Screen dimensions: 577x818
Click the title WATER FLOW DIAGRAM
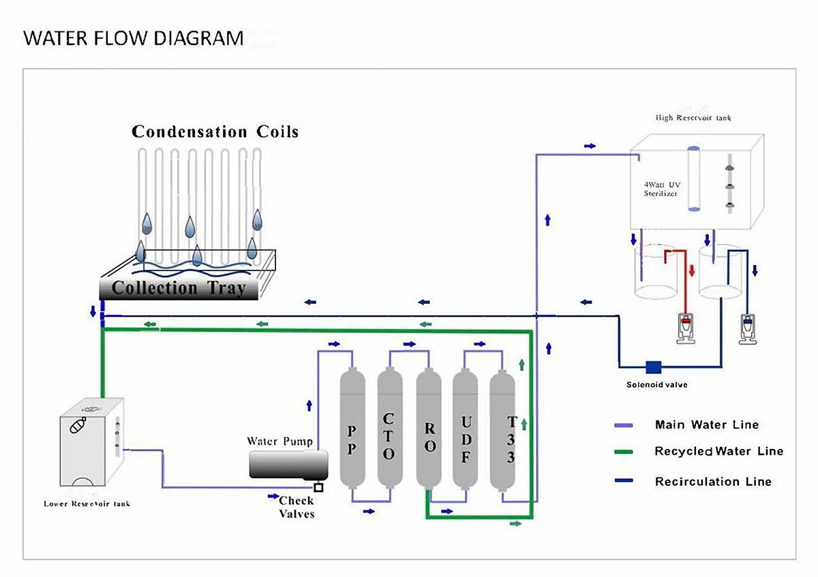[x=134, y=38]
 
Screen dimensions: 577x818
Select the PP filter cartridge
[x=351, y=429]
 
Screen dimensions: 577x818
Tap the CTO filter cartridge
[x=389, y=429]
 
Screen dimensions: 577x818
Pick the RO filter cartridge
[x=429, y=429]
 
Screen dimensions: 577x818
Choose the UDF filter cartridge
[x=466, y=429]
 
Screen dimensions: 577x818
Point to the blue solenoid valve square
[x=653, y=367]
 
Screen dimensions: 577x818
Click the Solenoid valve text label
[x=656, y=385]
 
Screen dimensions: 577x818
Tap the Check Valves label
[x=297, y=508]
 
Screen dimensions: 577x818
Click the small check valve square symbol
[x=318, y=487]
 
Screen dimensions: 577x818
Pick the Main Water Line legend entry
[x=706, y=424]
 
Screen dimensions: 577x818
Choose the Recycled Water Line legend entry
[x=718, y=451]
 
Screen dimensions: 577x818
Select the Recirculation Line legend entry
[x=713, y=481]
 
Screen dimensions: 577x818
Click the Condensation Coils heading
[x=215, y=131]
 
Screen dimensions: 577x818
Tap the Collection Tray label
[x=178, y=287]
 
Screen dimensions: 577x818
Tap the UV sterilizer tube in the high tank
[x=693, y=178]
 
